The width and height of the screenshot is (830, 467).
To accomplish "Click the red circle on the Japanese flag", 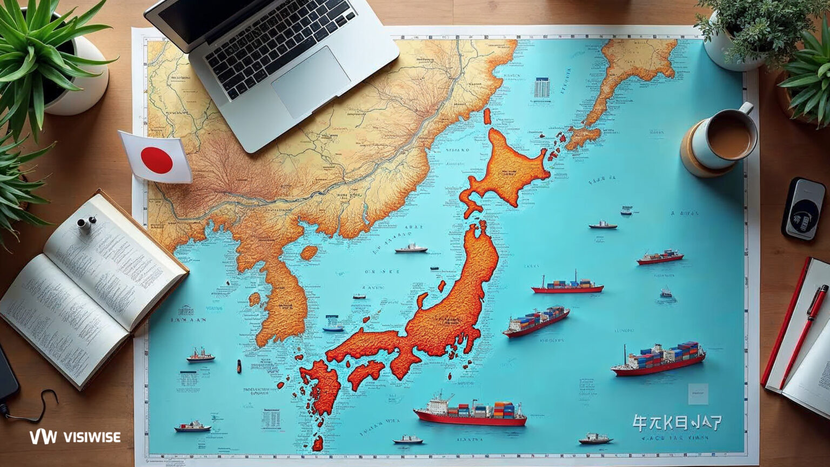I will tap(157, 160).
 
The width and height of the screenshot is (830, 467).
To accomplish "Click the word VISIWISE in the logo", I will tap(92, 437).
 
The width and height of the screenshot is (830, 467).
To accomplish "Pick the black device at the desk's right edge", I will tap(804, 209).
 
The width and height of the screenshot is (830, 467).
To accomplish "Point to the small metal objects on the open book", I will tap(85, 223).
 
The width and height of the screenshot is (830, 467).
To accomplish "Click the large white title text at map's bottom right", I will tap(677, 422).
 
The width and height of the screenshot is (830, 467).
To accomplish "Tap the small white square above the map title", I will tap(698, 393).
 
